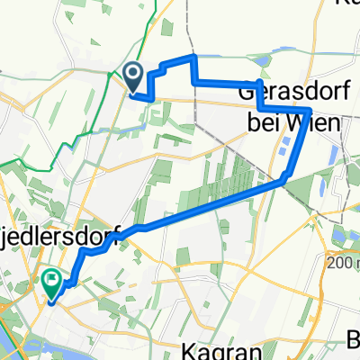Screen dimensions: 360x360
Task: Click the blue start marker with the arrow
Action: click(x=133, y=76)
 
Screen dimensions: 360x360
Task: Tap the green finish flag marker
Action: click(x=52, y=284)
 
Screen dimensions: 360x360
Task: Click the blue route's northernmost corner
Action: click(x=194, y=57)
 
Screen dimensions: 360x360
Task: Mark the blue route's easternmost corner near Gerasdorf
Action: click(x=310, y=110)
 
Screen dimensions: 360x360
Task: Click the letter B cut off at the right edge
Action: click(x=354, y=340)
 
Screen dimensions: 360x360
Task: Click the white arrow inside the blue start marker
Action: click(x=133, y=73)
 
